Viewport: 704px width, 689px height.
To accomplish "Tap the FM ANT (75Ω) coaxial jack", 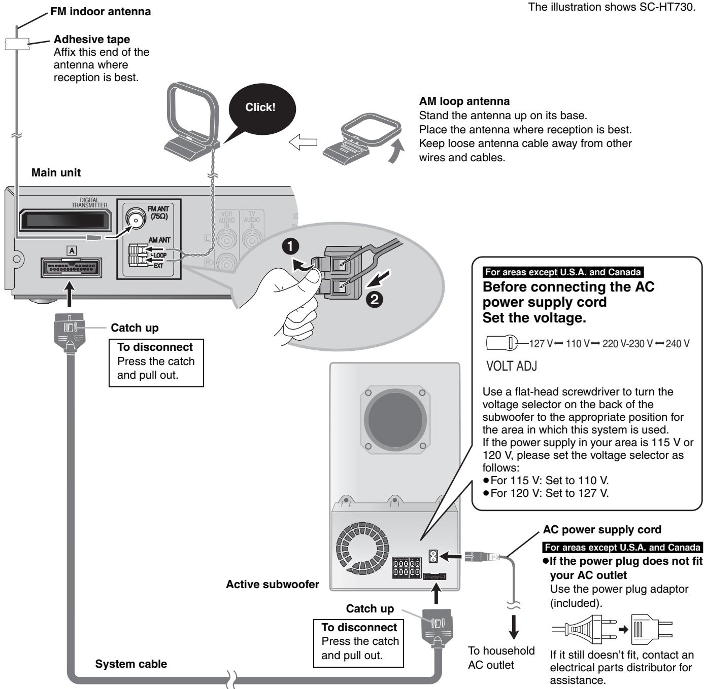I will coord(135,219).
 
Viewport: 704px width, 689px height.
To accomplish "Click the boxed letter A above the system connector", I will coord(72,250).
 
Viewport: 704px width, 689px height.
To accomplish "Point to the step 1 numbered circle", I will coord(290,247).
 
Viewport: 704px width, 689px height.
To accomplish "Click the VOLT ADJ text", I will coord(511,366).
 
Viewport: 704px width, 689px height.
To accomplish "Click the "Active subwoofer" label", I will coord(273,585).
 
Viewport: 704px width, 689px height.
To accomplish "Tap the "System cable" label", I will coord(131,664).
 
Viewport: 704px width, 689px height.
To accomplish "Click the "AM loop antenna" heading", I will coord(464,101).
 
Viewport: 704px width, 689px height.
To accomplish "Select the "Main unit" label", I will coord(56,173).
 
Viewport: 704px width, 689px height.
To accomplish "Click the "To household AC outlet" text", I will coord(501,658).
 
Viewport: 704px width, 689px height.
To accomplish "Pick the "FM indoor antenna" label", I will coord(100,12).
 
